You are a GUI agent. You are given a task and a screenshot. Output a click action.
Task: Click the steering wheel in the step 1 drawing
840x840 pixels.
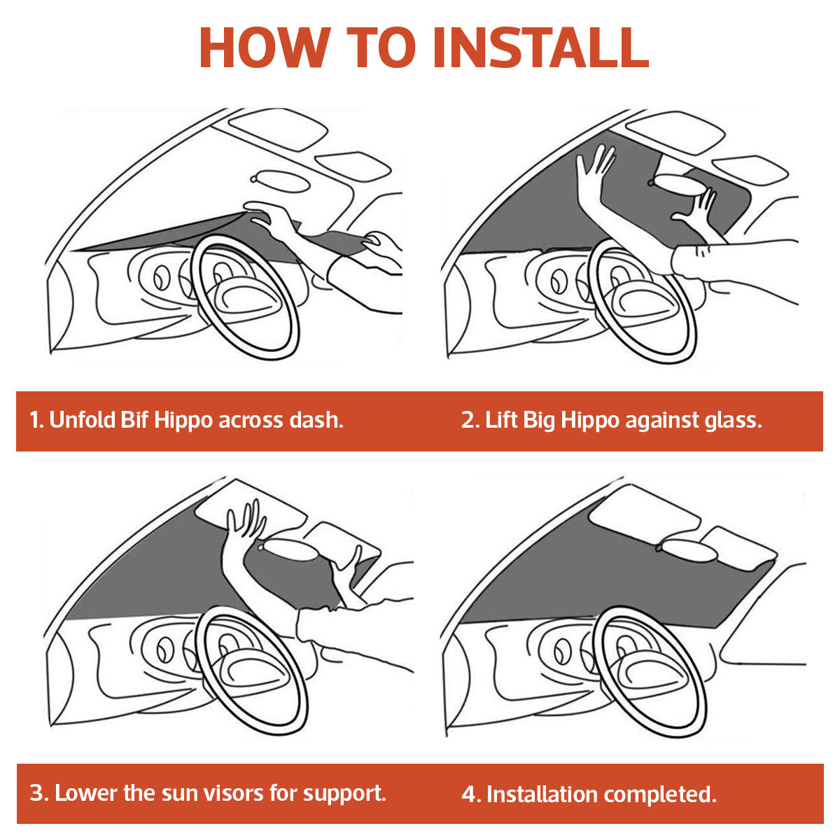(x=246, y=297)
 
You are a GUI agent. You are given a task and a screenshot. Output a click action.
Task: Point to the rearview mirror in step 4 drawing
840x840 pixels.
(x=688, y=551)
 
